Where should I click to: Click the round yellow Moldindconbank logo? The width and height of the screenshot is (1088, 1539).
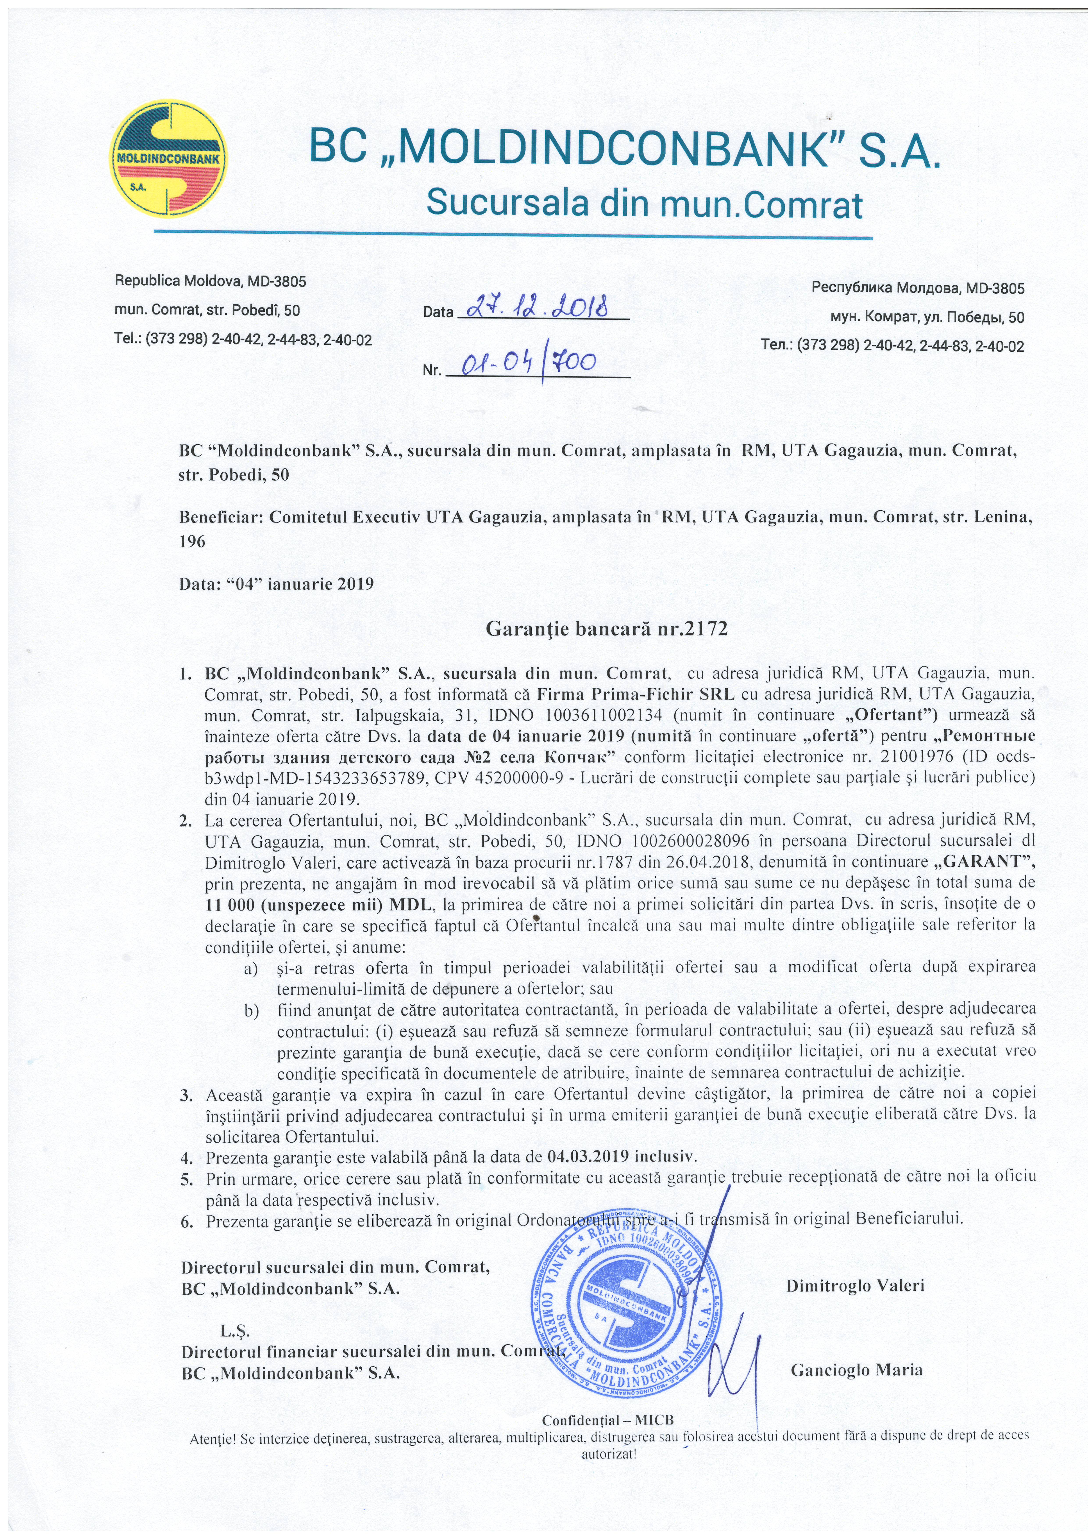[168, 159]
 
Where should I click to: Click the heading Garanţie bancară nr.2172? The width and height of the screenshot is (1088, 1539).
[606, 629]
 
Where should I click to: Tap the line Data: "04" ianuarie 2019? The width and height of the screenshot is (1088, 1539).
[276, 583]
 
